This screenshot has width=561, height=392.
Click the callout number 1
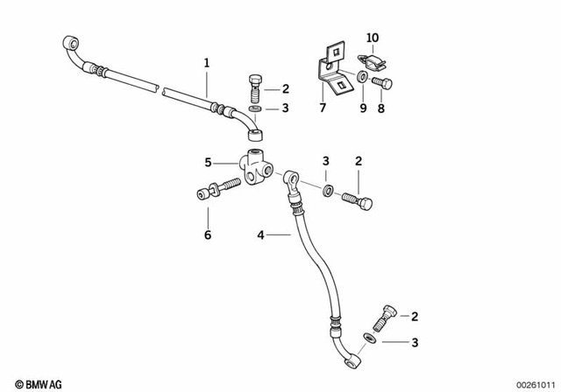tap(207, 63)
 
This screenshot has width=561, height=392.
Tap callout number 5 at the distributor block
tap(208, 162)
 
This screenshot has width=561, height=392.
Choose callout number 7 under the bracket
tap(321, 108)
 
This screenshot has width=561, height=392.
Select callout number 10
tap(373, 38)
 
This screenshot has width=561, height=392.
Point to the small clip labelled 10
tap(373, 60)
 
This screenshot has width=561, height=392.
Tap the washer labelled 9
tap(361, 80)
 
